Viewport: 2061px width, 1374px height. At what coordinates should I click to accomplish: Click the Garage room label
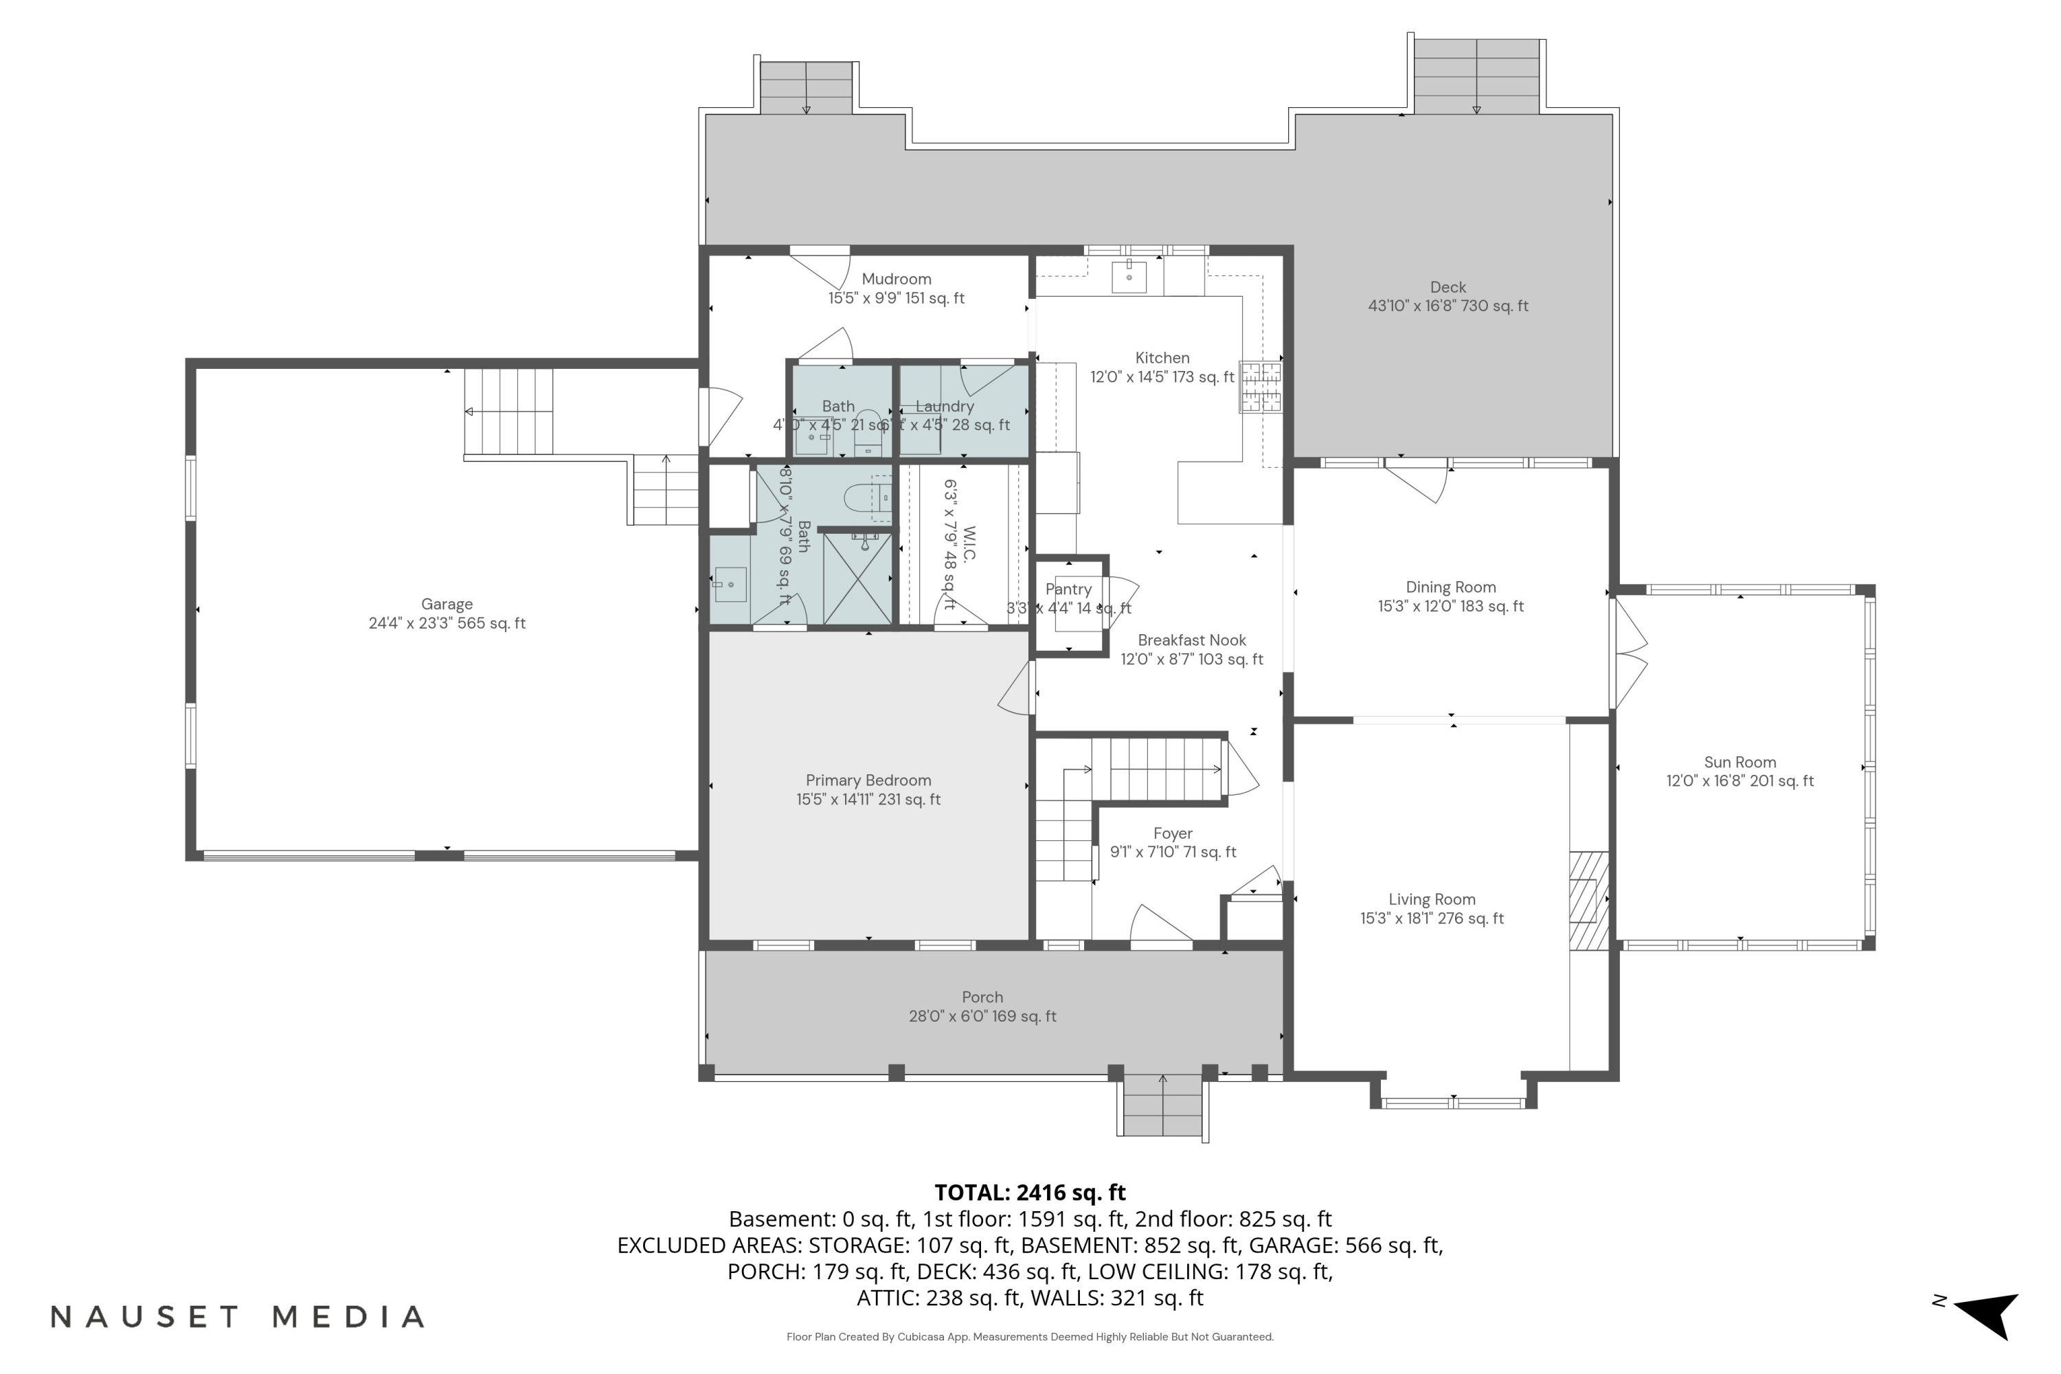(447, 605)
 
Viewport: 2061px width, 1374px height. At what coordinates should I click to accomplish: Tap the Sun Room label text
(1739, 763)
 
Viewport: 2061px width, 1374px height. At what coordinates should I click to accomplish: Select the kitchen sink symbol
(1129, 277)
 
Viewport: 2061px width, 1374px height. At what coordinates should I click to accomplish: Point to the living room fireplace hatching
(1588, 900)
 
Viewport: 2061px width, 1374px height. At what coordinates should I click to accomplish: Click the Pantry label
(1068, 589)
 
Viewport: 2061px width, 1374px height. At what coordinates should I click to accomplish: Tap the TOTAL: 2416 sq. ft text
(1030, 1193)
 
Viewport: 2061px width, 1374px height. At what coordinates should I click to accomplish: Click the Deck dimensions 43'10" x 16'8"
(1448, 306)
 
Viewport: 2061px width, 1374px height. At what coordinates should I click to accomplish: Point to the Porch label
(982, 998)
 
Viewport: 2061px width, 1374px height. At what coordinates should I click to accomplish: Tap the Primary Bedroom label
(868, 780)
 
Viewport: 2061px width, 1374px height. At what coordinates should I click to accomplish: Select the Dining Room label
(1450, 587)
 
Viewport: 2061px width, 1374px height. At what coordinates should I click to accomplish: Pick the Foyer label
(1173, 833)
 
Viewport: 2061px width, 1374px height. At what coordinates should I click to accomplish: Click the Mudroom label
(897, 279)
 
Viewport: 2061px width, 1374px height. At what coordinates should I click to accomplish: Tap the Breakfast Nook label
(1192, 640)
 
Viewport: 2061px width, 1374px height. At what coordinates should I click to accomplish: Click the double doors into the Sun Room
(1628, 653)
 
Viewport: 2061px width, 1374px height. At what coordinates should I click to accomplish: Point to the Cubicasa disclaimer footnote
(1030, 1337)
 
